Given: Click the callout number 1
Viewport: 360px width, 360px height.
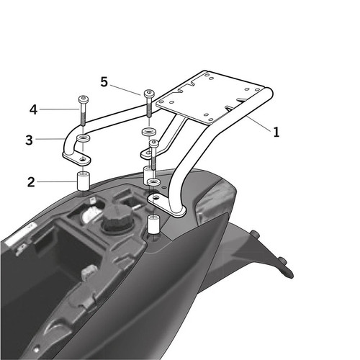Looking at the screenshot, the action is tap(276, 132).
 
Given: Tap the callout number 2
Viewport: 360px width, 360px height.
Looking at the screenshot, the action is tap(31, 182).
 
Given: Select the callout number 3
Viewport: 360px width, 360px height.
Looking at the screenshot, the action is tap(29, 140).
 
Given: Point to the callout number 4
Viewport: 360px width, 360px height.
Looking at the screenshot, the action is tap(33, 110).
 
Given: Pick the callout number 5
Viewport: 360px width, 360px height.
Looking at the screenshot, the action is tap(104, 82).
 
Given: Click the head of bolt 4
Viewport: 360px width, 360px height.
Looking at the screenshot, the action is tap(84, 99).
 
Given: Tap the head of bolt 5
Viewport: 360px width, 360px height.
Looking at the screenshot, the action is tap(149, 93).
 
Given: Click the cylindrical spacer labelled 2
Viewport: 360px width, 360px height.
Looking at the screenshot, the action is tap(83, 181).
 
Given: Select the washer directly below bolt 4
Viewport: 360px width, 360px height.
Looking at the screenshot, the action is tap(84, 139).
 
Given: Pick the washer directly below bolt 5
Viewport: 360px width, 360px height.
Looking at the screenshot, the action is tap(149, 132).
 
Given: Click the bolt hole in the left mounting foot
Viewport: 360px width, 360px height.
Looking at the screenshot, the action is tap(83, 159).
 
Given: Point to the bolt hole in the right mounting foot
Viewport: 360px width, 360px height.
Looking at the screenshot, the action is tap(156, 198).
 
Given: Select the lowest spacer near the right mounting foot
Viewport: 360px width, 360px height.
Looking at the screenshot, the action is tap(153, 225).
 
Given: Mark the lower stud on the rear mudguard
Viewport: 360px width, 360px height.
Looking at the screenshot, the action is tap(282, 261).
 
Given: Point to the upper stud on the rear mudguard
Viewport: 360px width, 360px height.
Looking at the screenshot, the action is tap(255, 234).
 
